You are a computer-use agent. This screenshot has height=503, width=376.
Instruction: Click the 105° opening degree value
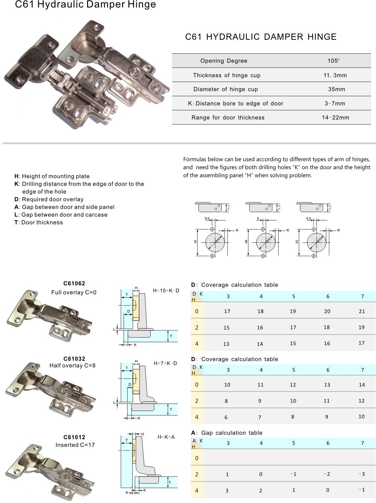[x=333, y=61]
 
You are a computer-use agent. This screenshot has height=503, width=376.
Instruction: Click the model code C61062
[x=74, y=284]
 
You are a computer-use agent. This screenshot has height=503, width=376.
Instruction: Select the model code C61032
[x=74, y=359]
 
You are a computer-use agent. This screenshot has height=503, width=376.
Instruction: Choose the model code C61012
[x=74, y=437]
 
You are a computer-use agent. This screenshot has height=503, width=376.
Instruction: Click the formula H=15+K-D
[x=166, y=290]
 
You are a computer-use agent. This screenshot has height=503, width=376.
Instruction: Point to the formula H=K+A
[x=166, y=437]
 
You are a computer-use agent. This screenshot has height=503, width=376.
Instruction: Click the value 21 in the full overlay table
[x=362, y=311]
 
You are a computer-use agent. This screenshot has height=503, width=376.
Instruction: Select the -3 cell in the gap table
[x=361, y=474]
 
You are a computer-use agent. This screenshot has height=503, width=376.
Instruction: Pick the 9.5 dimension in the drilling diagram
[x=207, y=219]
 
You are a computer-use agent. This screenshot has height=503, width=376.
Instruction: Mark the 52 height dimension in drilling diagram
[x=297, y=242]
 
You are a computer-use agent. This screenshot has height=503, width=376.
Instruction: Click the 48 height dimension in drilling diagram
[x=246, y=242]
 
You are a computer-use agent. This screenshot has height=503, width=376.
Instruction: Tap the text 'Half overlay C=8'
[x=73, y=365]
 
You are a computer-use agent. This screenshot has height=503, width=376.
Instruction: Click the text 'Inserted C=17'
[x=75, y=445]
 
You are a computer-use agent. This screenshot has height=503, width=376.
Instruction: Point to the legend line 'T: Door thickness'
[x=39, y=222]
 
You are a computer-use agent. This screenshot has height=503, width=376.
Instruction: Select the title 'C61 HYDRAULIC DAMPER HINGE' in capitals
[x=261, y=37]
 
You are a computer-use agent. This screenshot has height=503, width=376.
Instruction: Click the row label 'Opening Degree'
[x=224, y=61]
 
